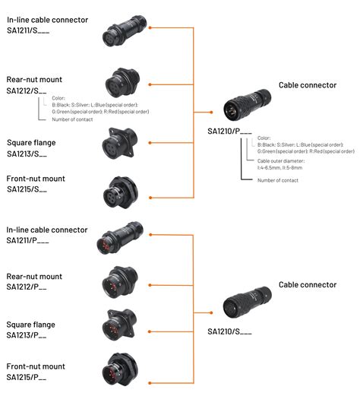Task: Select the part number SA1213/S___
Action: point(27,154)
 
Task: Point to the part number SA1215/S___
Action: point(27,190)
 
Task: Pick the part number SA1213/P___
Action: point(27,335)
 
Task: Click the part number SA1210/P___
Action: point(230,131)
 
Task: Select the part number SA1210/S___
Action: point(229,331)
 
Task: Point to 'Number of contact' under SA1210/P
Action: point(278,180)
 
